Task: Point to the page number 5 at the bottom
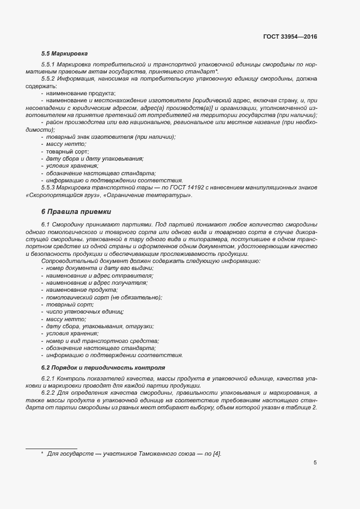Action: [315, 463]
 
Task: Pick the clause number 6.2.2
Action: [50, 393]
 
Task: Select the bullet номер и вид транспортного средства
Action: [101, 341]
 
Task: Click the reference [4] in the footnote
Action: [217, 453]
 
